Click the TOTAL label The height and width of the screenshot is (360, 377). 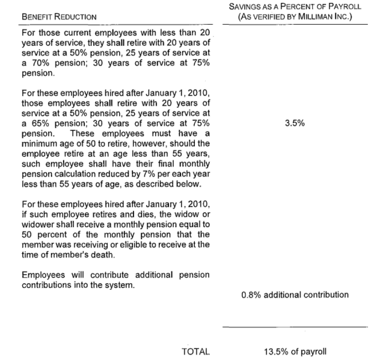coord(195,352)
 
